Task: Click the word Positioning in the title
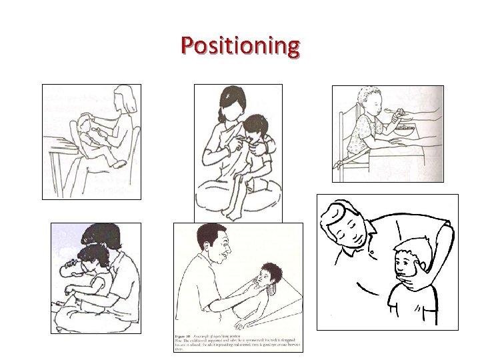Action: pyautogui.click(x=241, y=46)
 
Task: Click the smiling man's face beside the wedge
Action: pyautogui.click(x=217, y=250)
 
